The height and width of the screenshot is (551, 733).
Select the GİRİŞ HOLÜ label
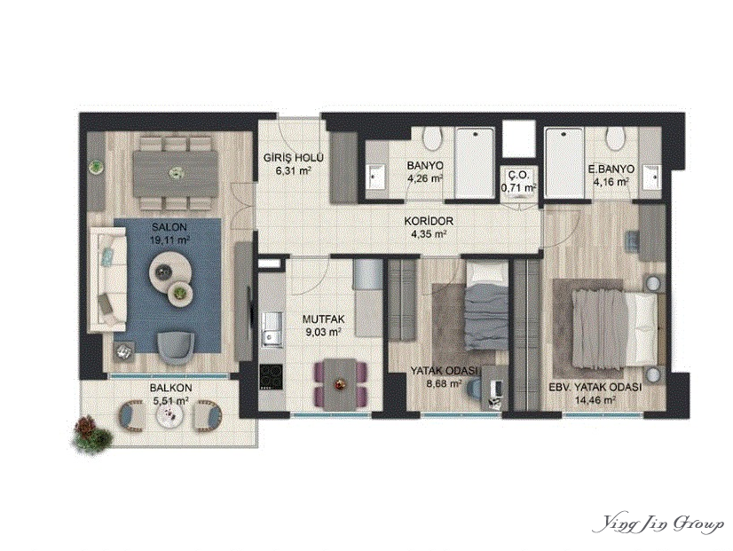[293, 158]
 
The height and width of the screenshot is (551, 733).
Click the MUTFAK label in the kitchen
[323, 319]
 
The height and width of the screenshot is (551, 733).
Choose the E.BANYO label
[611, 169]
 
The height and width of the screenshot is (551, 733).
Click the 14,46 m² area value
[595, 400]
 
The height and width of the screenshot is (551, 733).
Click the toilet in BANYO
[432, 139]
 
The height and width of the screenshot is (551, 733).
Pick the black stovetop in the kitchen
[272, 376]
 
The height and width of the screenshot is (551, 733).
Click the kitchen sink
[272, 329]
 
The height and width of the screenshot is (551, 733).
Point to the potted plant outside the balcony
[93, 433]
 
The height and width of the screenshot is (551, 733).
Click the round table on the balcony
[169, 413]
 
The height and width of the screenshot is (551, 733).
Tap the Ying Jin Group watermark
[658, 525]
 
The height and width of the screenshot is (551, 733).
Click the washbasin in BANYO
[374, 176]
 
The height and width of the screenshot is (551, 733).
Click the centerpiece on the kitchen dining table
[339, 384]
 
